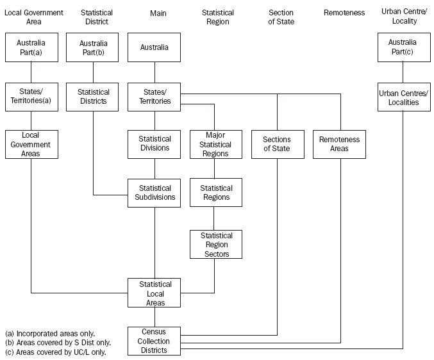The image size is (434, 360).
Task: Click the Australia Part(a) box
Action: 31,47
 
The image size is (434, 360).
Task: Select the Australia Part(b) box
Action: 93,47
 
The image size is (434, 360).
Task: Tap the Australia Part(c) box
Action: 403,47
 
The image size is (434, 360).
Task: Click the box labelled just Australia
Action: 154,47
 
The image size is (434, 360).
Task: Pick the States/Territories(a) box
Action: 31,96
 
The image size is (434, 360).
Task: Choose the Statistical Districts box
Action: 93,96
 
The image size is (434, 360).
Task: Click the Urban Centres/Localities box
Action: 403,97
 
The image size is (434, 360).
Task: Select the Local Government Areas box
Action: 31,144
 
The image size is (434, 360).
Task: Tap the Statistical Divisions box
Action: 154,143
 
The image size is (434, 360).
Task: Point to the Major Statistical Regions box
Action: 215,144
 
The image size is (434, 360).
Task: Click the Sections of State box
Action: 277,144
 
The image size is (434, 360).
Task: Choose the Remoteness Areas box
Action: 339,144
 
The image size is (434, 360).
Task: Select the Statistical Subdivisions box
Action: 154,193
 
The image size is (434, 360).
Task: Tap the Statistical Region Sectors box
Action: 215,244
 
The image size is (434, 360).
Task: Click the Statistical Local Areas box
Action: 154,293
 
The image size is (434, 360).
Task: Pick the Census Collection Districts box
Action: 154,341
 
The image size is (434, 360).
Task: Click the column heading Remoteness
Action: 344,13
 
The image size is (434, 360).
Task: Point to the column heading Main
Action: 158,13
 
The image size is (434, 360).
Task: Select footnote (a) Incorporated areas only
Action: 50,334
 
